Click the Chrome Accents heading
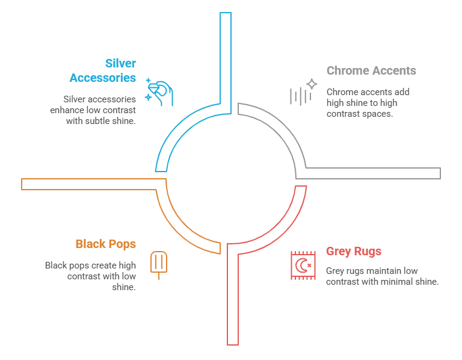pyautogui.click(x=371, y=71)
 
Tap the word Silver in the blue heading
pyautogui.click(x=120, y=63)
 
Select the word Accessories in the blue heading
pyautogui.click(x=102, y=78)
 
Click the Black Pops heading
pyautogui.click(x=105, y=244)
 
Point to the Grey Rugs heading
pyautogui.click(x=354, y=251)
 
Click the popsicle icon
pyautogui.click(x=159, y=265)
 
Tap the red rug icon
pyautogui.click(x=303, y=265)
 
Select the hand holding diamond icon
pyautogui.click(x=159, y=92)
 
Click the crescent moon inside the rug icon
pyautogui.click(x=301, y=265)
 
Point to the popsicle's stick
pyautogui.click(x=159, y=276)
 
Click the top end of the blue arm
pyautogui.click(x=226, y=13)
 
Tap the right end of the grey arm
pyautogui.click(x=440, y=173)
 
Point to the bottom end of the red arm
pyautogui.click(x=232, y=344)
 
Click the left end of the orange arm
pyautogui.click(x=22, y=184)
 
